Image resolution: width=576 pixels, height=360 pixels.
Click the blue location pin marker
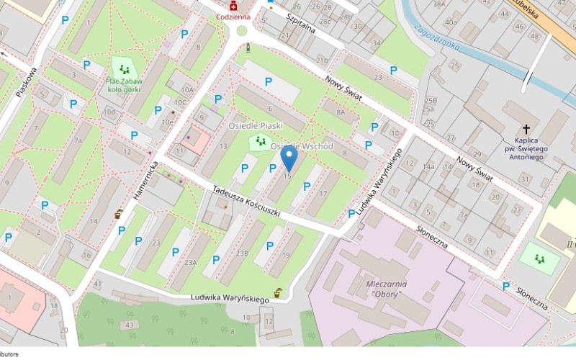(288, 158)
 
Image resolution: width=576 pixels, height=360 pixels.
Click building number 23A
(189, 264)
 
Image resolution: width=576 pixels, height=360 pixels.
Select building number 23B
(242, 253)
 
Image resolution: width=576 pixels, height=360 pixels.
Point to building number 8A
(341, 112)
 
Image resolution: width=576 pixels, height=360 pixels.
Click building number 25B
(431, 100)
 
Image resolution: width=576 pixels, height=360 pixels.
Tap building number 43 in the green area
(130, 325)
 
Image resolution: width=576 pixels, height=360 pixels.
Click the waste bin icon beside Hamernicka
(119, 214)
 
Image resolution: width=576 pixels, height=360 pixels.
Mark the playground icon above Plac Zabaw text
(125, 69)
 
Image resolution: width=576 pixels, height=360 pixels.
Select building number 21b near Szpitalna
(322, 60)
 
